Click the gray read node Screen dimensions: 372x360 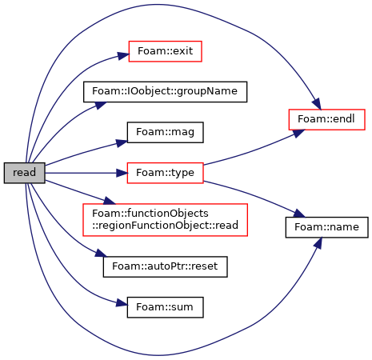[24, 173]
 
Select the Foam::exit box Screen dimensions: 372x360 [165, 51]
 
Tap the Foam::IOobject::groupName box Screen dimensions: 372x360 [165, 92]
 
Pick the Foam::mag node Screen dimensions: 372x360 [165, 132]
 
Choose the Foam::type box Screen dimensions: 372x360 [165, 173]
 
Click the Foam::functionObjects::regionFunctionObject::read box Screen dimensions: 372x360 [165, 220]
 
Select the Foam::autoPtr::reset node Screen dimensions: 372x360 [165, 266]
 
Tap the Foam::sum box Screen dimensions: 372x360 [165, 307]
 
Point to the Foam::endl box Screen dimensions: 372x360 [326, 119]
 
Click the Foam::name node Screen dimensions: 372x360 [326, 227]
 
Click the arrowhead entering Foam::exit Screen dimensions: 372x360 [123, 55]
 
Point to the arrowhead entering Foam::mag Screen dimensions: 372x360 [122, 143]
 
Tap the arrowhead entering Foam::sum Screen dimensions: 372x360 [122, 304]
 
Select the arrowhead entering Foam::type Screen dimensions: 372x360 [122, 173]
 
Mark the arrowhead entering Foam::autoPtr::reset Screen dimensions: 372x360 [101, 254]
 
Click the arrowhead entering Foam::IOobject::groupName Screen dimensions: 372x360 [101, 105]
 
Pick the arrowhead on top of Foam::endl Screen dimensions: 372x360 [317, 104]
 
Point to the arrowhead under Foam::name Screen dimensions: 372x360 [318, 243]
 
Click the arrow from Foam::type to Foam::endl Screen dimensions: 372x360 [250, 151]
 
